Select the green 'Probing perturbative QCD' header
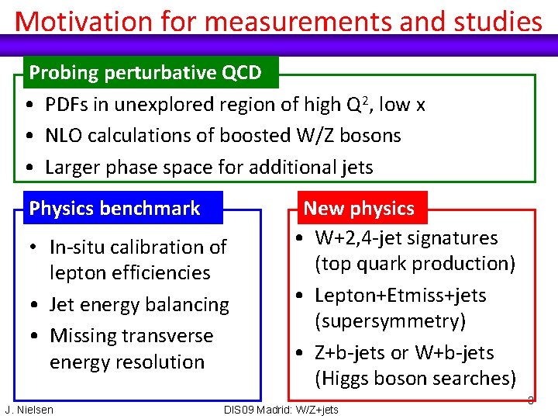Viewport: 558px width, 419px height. [x=145, y=73]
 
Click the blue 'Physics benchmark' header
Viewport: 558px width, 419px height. [x=114, y=208]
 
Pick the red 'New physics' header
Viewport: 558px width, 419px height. [x=359, y=208]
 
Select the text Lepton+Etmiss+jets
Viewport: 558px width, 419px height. [x=400, y=296]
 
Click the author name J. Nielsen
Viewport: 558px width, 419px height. [x=29, y=410]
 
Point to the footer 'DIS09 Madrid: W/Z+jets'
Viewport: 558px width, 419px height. [x=281, y=410]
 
